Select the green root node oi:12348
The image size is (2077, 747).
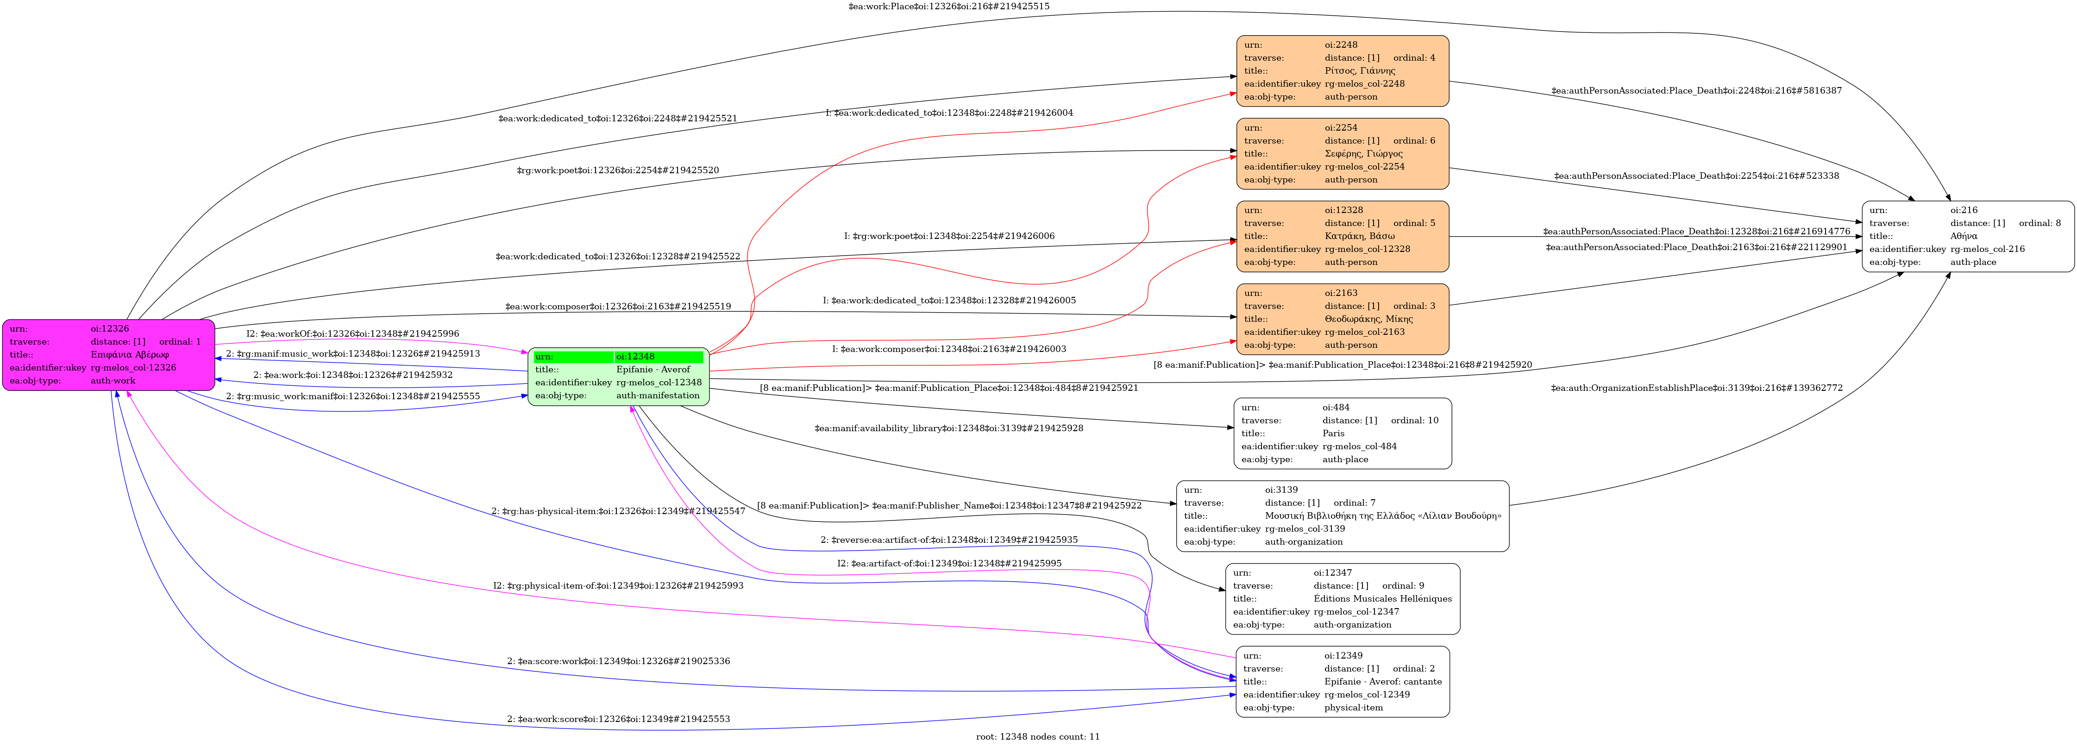(618, 377)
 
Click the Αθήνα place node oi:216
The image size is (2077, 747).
(1967, 236)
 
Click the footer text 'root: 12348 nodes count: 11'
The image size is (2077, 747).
(1038, 736)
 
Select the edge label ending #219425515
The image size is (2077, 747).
(948, 6)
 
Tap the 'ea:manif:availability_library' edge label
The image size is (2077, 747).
(948, 428)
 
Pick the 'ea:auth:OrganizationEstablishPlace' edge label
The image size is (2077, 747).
(1696, 388)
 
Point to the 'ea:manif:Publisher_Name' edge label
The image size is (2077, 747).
(949, 506)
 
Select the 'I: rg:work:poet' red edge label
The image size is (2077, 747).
(949, 236)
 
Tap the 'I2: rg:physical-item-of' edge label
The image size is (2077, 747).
(618, 586)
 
